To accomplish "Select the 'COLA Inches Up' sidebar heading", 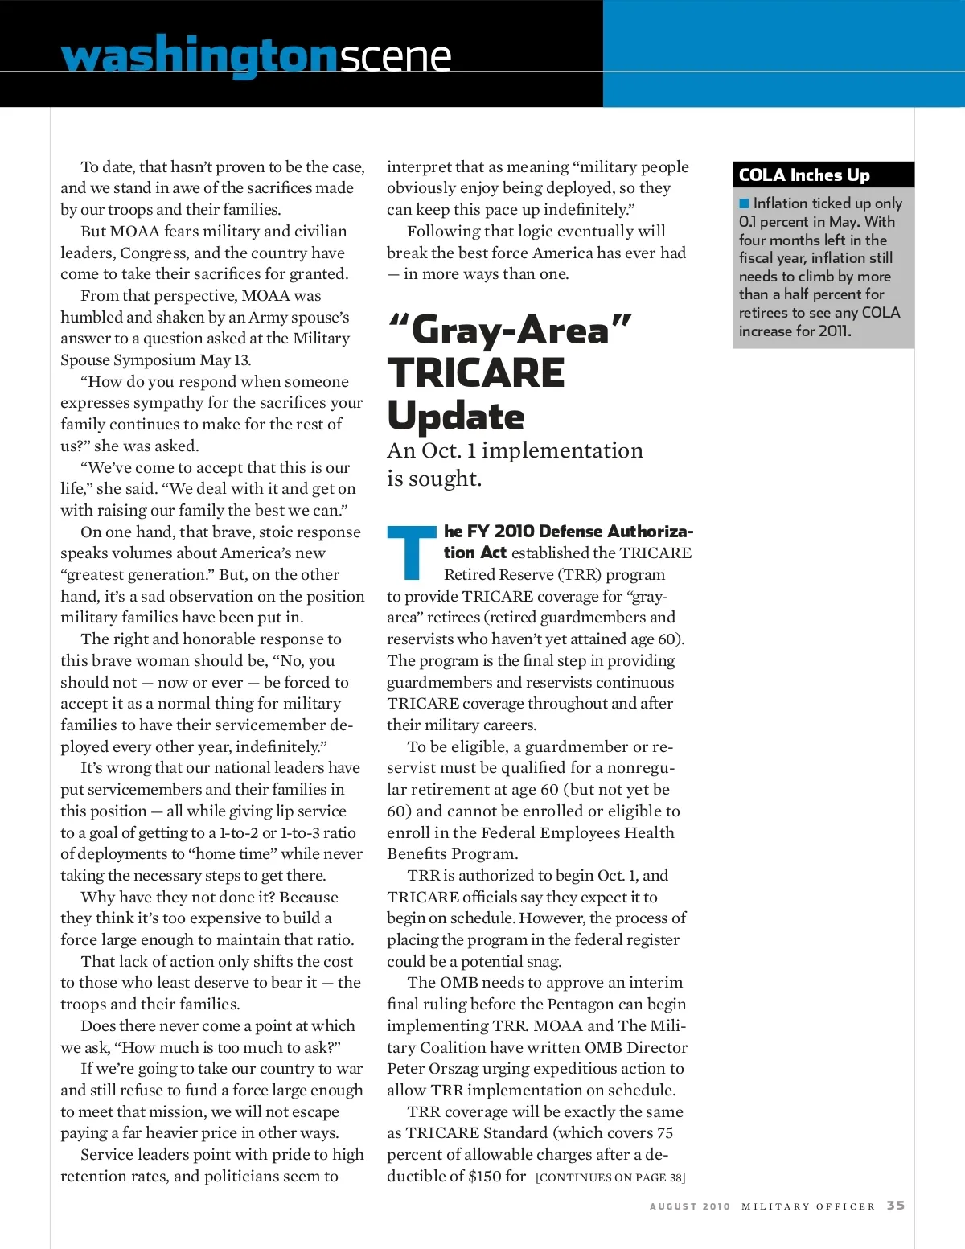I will coord(804,175).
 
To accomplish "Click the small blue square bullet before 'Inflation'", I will coord(744,203).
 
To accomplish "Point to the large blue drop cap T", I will coord(412,553).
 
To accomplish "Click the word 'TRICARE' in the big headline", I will coord(476,373).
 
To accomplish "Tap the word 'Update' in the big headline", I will coord(456,416).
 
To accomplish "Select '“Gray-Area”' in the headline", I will coord(510,330).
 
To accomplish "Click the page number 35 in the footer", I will coord(896,1205).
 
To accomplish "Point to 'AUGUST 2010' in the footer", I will coord(690,1206).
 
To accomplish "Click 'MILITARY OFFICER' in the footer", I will coord(808,1206).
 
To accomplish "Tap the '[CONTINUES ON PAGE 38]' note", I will coord(610,1177).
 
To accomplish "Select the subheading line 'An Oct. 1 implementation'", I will coord(515,450).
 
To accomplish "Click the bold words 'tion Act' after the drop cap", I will coord(475,553).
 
